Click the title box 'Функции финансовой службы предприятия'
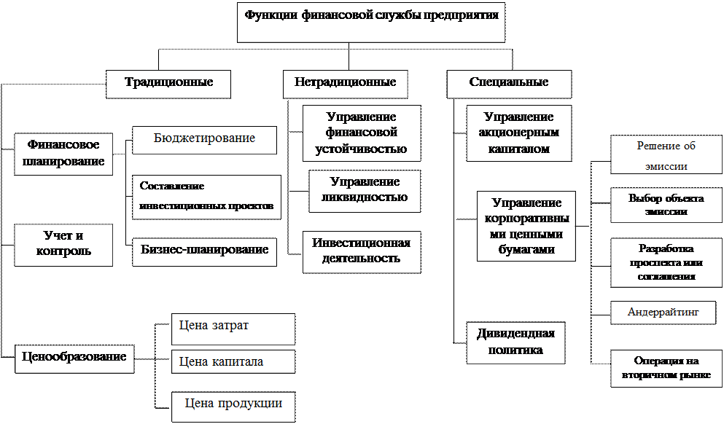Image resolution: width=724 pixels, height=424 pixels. click(371, 22)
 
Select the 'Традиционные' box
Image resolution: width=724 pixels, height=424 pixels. click(168, 83)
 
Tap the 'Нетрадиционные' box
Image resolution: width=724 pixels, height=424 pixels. click(345, 83)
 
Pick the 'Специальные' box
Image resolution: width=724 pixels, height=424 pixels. click(509, 83)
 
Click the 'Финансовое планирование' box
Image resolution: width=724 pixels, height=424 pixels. click(63, 153)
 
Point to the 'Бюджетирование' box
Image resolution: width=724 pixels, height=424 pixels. click(204, 139)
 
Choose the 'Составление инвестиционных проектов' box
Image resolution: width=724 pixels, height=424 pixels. click(206, 197)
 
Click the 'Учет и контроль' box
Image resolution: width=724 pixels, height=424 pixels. click(63, 244)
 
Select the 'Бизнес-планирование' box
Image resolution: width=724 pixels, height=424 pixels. click(204, 251)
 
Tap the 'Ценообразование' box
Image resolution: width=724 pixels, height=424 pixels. click(74, 358)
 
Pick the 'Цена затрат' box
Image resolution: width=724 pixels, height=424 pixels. click(233, 329)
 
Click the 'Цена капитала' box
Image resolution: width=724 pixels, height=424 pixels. click(233, 361)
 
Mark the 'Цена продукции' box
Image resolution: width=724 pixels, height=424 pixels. click(233, 406)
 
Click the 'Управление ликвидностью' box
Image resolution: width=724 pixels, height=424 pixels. click(365, 190)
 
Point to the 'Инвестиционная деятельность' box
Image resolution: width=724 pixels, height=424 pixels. click(362, 251)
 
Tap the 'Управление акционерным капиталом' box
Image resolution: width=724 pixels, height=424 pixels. click(518, 133)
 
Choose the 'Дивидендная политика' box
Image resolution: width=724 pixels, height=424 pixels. click(515, 342)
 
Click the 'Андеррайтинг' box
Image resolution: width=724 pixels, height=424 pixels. click(663, 313)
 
